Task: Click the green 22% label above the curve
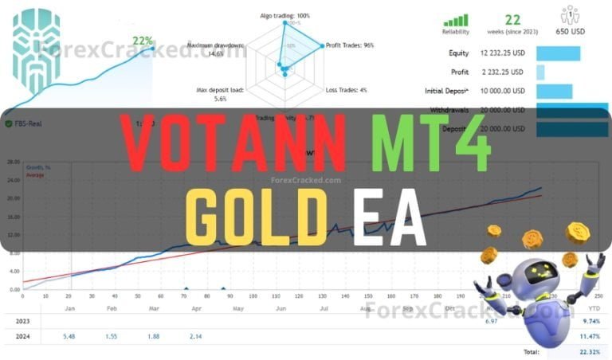(x=143, y=41)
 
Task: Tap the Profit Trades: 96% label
(x=350, y=45)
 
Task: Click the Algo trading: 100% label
(x=284, y=15)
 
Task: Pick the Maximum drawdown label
(x=216, y=49)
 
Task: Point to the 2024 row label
(x=24, y=336)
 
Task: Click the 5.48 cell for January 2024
(x=70, y=336)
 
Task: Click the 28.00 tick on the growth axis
(x=13, y=162)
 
